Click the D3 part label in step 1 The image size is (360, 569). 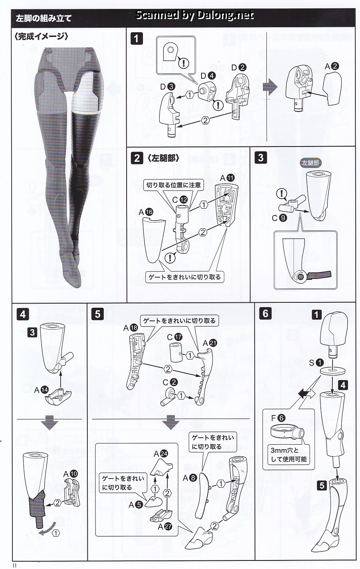[167, 87]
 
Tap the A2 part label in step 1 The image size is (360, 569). [332, 66]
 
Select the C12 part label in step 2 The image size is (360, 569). [180, 200]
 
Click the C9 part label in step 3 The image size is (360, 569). [279, 218]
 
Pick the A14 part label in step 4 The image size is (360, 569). [41, 390]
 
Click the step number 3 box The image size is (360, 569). [261, 157]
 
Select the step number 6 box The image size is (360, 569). [265, 313]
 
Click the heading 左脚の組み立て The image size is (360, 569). [43, 18]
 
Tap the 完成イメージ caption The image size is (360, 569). [42, 37]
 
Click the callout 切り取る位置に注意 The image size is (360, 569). [174, 185]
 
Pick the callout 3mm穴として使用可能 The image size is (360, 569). [289, 455]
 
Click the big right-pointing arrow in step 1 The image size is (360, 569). [270, 87]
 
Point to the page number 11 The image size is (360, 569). [14, 566]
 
